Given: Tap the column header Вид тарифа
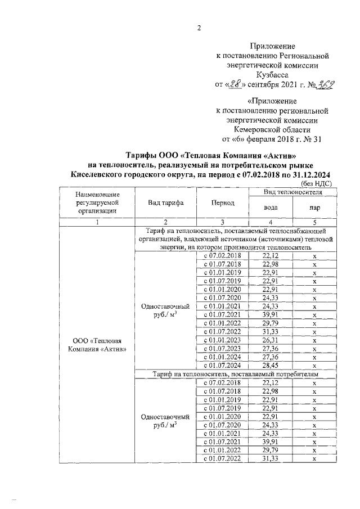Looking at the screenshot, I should click(165, 203).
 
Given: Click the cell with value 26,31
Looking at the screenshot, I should click(271, 339).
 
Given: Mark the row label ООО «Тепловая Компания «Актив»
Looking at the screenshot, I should click(98, 344).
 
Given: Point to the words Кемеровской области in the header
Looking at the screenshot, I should click(272, 129).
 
